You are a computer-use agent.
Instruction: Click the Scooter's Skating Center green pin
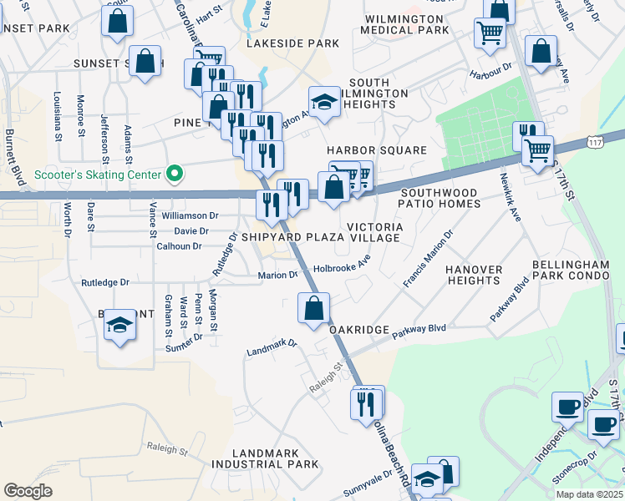click(175, 175)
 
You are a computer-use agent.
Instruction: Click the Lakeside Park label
click(292, 43)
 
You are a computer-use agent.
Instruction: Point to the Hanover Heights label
click(474, 275)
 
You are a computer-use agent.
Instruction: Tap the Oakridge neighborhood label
click(358, 331)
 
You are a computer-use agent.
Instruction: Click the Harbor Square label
click(376, 150)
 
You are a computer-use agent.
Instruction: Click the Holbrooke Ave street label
click(342, 268)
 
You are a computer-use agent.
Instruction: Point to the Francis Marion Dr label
click(427, 259)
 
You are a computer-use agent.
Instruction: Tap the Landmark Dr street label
click(272, 347)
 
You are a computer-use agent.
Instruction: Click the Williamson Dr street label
click(190, 215)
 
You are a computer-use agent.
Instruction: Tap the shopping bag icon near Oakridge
click(313, 308)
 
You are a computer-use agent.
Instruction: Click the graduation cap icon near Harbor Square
click(324, 101)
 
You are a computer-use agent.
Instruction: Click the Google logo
click(28, 490)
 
